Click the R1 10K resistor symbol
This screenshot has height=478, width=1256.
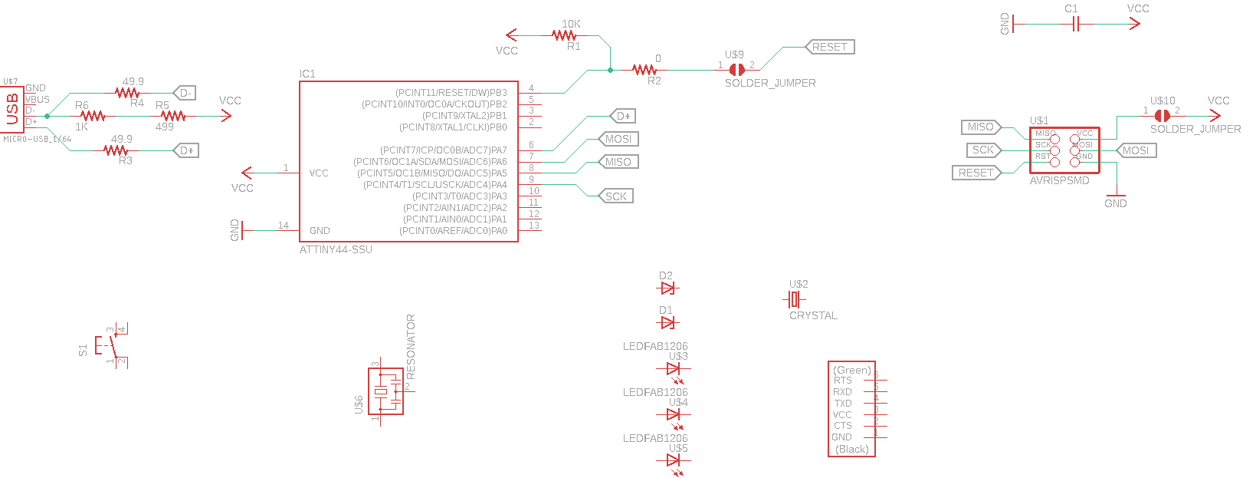tap(564, 35)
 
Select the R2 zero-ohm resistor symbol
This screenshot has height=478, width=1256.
tap(644, 70)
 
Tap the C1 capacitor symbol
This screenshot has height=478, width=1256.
tap(1075, 25)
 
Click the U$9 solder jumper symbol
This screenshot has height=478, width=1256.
tap(736, 70)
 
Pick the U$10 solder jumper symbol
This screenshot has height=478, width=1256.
tap(1162, 116)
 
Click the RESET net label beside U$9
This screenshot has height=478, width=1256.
tap(830, 47)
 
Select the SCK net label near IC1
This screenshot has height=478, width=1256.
tap(615, 196)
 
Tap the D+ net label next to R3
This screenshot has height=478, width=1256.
tap(186, 150)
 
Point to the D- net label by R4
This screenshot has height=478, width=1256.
tap(185, 93)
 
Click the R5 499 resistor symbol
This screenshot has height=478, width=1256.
tap(173, 116)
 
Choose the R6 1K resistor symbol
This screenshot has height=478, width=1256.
tap(93, 116)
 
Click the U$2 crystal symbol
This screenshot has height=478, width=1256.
tap(796, 298)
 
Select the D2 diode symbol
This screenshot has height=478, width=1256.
tap(667, 288)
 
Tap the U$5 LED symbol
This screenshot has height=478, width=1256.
tap(674, 461)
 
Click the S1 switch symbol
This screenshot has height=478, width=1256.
tap(112, 345)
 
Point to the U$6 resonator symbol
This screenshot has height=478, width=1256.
tap(386, 392)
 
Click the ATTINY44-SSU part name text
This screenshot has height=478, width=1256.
tap(336, 250)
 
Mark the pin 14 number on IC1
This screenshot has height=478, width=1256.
tap(284, 226)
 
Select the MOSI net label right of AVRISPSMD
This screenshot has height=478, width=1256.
tap(1136, 150)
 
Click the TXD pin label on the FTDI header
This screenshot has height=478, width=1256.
tap(843, 403)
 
